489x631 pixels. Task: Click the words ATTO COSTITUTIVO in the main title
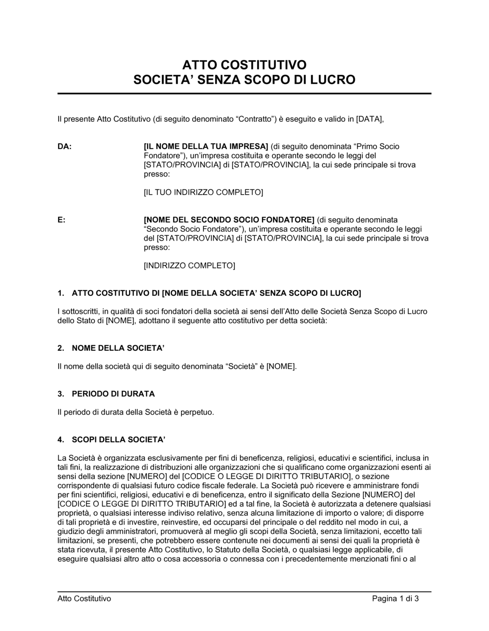click(x=244, y=65)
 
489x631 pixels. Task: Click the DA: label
click(x=65, y=146)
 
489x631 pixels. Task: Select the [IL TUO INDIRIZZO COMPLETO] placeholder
click(x=203, y=192)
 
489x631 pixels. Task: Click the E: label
click(x=62, y=220)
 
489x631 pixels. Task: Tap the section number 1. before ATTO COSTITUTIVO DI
click(x=61, y=293)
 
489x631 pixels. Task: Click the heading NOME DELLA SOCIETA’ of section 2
click(x=118, y=348)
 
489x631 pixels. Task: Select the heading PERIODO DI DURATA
click(x=113, y=394)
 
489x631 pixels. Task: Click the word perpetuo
click(x=198, y=412)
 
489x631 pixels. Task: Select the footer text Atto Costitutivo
click(x=84, y=599)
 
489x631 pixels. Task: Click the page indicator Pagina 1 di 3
click(x=395, y=599)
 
